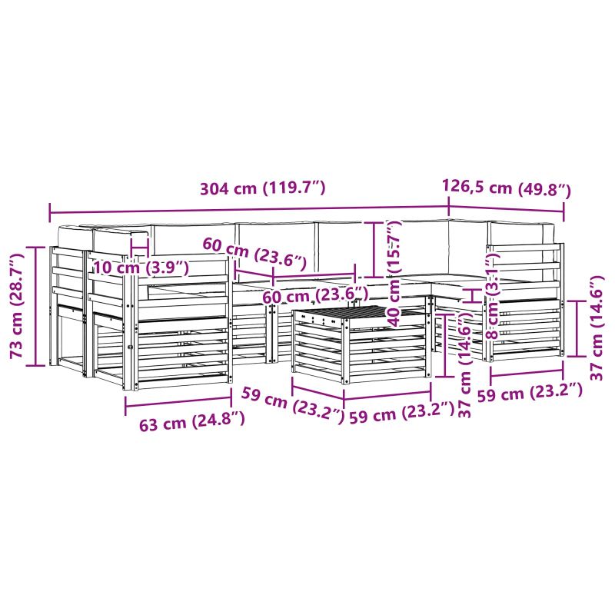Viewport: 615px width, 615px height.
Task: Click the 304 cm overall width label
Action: click(x=263, y=188)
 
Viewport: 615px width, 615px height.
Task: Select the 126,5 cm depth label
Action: click(x=507, y=188)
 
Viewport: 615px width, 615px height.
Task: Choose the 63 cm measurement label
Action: click(x=191, y=421)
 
